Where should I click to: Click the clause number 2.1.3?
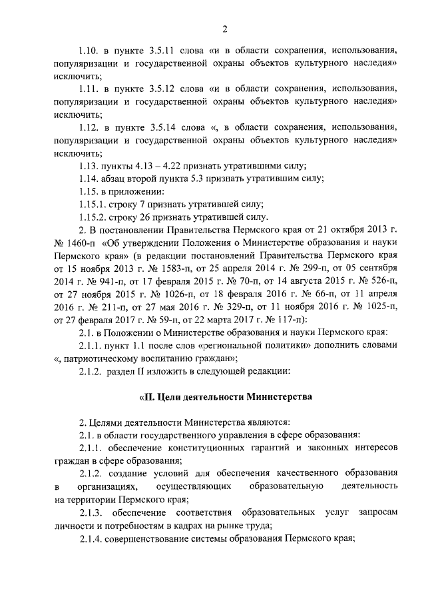click(91, 512)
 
